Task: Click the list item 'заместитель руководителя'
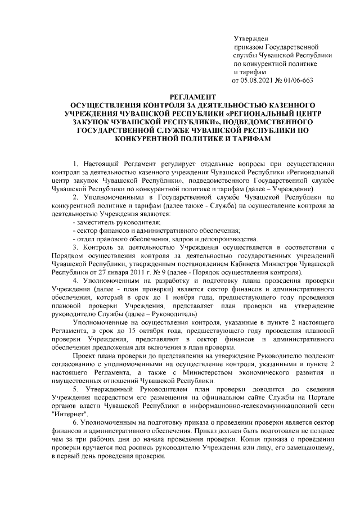[114, 222]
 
